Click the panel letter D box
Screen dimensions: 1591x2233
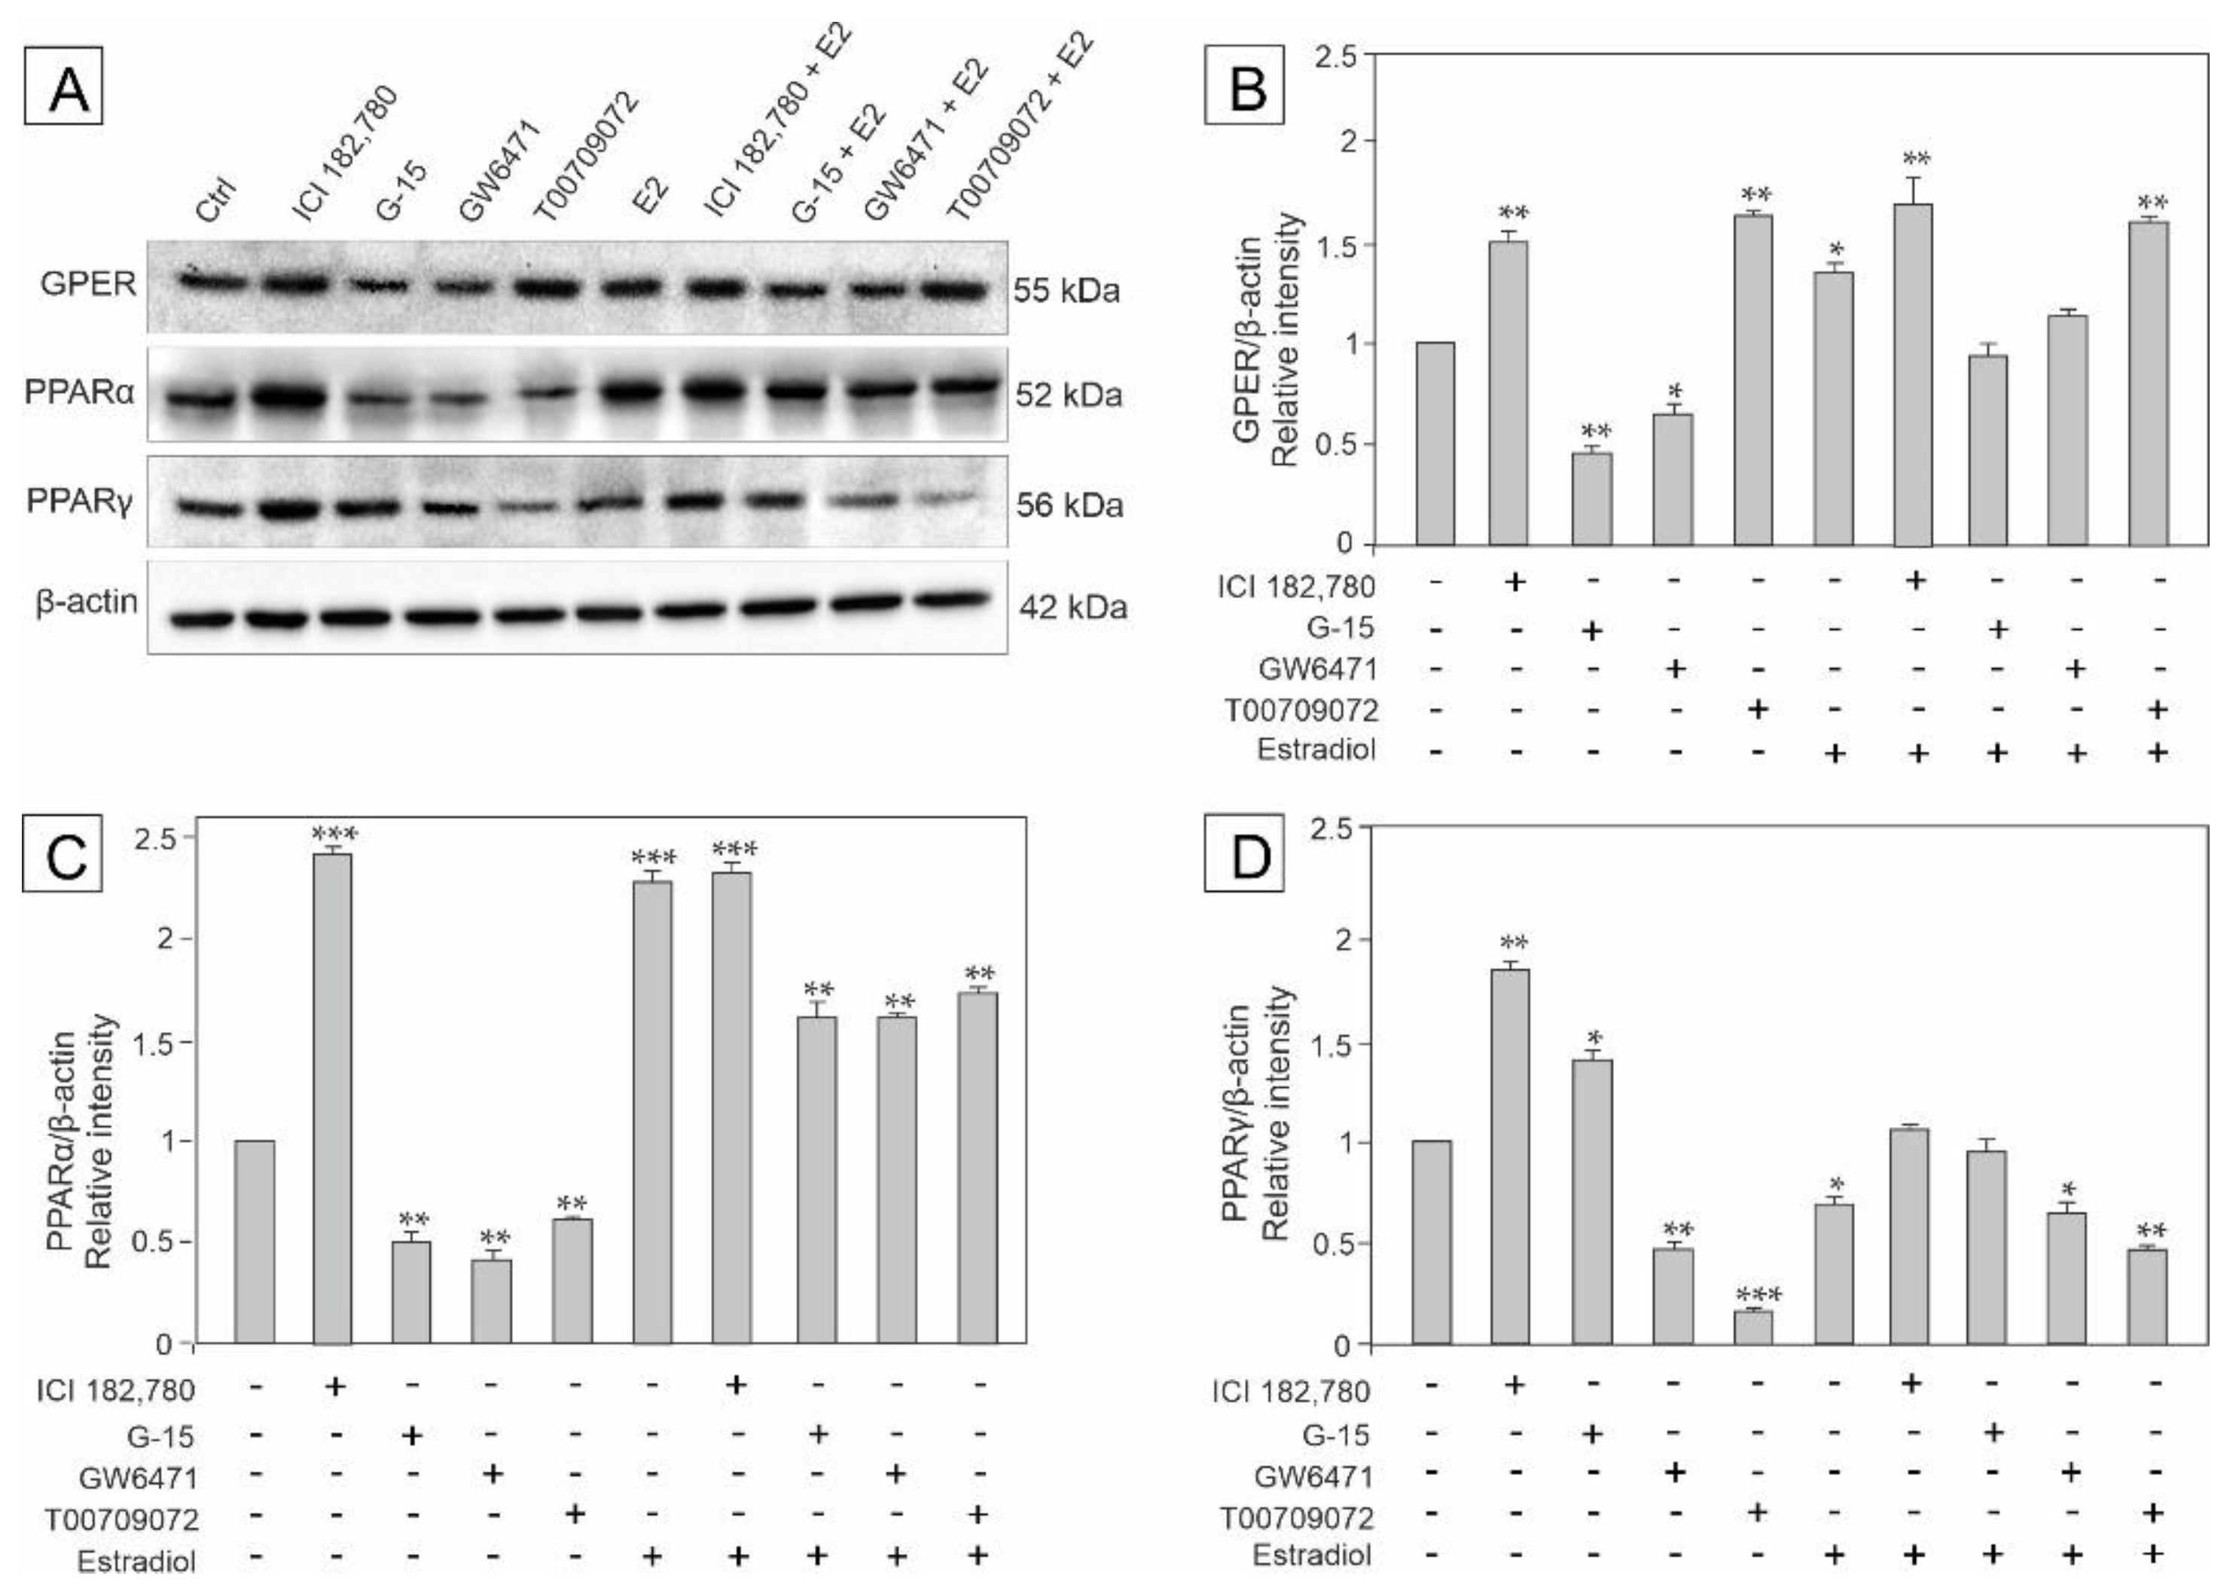(1244, 857)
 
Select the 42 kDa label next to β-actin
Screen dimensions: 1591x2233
(1072, 607)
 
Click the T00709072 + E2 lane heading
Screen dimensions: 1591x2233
(1018, 127)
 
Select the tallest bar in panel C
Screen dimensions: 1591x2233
(332, 1098)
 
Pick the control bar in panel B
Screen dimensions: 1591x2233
(1435, 443)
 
